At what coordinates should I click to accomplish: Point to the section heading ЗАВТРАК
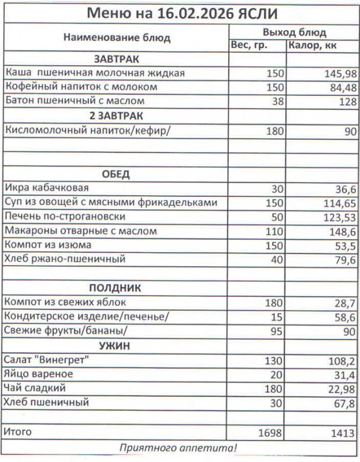(116, 59)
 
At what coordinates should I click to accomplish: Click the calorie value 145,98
(341, 73)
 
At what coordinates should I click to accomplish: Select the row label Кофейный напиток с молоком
(81, 87)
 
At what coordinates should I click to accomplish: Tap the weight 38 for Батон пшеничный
(277, 102)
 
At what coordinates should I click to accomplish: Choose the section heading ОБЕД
(116, 174)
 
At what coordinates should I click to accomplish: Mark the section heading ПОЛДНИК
(116, 288)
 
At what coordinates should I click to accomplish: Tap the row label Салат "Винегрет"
(49, 359)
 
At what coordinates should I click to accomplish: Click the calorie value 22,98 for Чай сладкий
(341, 388)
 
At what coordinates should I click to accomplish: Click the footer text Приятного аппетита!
(179, 448)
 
